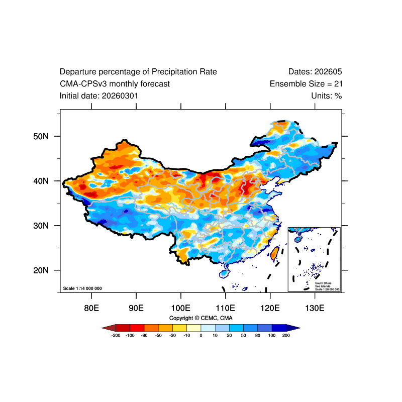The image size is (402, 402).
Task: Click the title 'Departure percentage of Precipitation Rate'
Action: click(138, 72)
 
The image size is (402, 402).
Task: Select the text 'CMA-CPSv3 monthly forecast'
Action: click(115, 84)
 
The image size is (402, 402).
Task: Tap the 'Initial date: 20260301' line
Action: click(99, 95)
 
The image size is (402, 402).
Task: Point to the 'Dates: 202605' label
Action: click(315, 72)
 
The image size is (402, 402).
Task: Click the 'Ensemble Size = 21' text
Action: click(306, 84)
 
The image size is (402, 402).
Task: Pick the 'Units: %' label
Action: click(326, 95)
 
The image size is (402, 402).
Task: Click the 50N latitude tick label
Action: click(40, 136)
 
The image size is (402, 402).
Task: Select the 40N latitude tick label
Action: click(40, 181)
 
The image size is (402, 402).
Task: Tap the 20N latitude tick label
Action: click(40, 270)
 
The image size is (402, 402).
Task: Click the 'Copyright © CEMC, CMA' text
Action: click(200, 318)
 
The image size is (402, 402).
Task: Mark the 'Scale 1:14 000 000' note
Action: click(82, 288)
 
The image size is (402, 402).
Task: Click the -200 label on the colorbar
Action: click(116, 335)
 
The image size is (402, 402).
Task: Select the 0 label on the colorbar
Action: click(201, 335)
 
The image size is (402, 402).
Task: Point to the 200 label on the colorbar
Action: click(286, 335)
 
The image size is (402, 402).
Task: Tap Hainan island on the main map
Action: click(224, 274)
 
